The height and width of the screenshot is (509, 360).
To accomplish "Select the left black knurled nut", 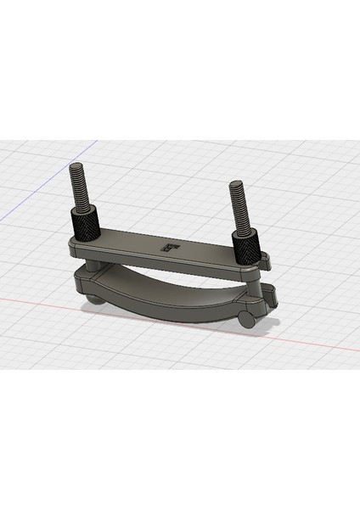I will tap(85, 226).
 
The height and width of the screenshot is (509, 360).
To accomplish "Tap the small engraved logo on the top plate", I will tap(171, 248).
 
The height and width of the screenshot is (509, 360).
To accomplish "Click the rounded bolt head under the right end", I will tap(248, 319).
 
